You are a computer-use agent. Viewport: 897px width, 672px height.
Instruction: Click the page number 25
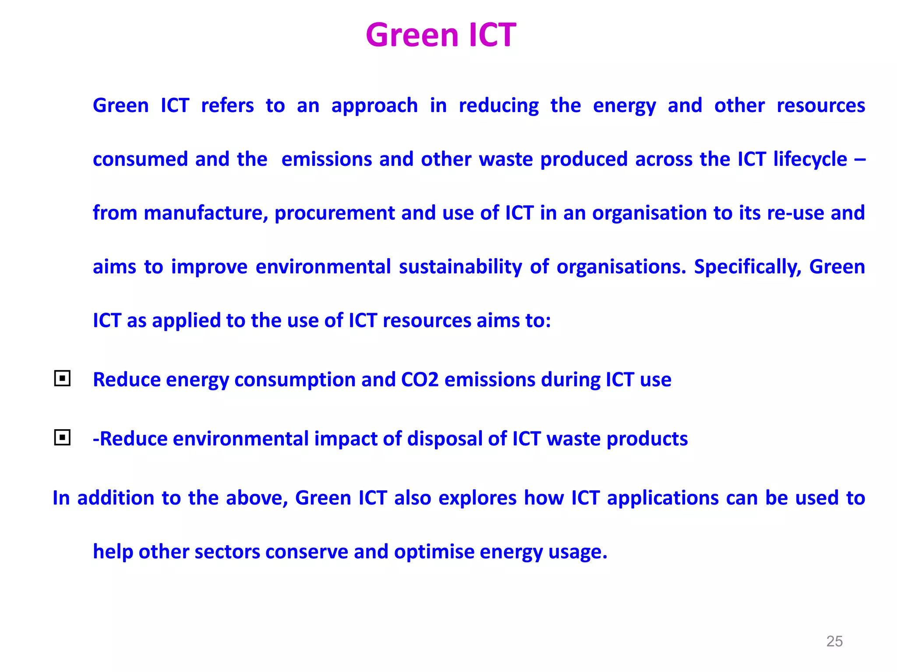[834, 641]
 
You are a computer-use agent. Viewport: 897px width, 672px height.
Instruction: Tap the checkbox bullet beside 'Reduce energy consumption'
[62, 378]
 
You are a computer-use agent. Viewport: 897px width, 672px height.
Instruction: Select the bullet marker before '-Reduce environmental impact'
[62, 437]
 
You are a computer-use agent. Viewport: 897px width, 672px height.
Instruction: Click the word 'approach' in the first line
[374, 106]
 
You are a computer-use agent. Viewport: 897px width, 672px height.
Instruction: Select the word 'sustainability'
[460, 267]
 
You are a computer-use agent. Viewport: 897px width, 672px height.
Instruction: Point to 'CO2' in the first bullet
[420, 379]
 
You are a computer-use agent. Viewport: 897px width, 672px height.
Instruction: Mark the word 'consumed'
[140, 159]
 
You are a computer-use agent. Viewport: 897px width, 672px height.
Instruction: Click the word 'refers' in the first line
[227, 106]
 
